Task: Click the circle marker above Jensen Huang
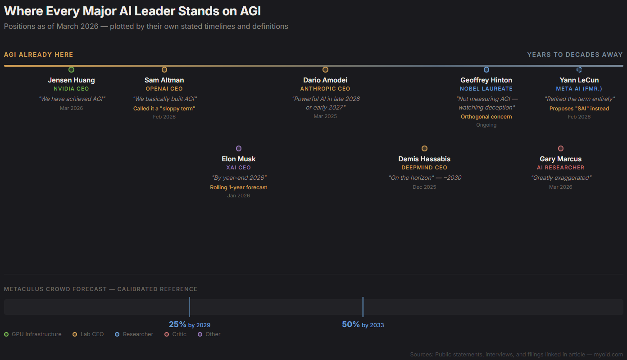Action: (71, 70)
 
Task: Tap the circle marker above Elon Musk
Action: (239, 149)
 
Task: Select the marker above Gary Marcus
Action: (561, 149)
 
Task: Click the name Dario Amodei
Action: (325, 80)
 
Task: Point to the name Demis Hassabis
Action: (424, 159)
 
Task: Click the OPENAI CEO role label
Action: (164, 89)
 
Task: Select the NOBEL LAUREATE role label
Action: (486, 89)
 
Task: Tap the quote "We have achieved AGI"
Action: (72, 99)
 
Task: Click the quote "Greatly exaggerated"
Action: (561, 178)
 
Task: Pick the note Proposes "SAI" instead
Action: (579, 109)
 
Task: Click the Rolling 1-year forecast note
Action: (239, 187)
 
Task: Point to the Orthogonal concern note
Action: (486, 117)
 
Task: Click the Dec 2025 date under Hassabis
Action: (424, 187)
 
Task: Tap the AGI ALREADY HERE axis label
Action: (39, 55)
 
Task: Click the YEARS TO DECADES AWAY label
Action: (575, 55)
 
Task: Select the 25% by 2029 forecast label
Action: (190, 324)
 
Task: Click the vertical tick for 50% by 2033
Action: (363, 307)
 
